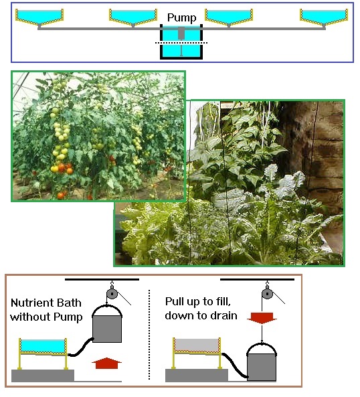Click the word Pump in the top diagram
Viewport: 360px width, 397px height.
tap(181, 17)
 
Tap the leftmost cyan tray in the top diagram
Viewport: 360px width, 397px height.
tap(39, 16)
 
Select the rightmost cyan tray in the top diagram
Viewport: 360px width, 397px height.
tap(324, 16)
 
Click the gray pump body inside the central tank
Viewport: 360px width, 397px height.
tap(181, 33)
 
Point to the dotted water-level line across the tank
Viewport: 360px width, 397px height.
tap(181, 43)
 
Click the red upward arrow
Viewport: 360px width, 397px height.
tap(106, 364)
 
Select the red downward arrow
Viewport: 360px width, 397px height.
tap(262, 318)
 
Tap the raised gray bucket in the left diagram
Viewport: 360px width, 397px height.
tap(107, 324)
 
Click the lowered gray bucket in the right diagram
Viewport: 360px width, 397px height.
tap(262, 362)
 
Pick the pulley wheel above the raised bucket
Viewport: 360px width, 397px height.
tap(112, 294)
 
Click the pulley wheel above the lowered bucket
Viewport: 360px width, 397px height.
tap(267, 294)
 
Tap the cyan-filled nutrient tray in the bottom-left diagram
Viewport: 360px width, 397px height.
tap(43, 346)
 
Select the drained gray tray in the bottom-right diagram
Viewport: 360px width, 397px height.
tap(197, 345)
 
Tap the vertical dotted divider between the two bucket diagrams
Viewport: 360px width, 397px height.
tap(149, 335)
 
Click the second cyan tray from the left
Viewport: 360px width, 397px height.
tap(133, 16)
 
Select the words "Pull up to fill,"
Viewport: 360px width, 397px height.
tap(198, 301)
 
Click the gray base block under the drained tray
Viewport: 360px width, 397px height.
tap(197, 375)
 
